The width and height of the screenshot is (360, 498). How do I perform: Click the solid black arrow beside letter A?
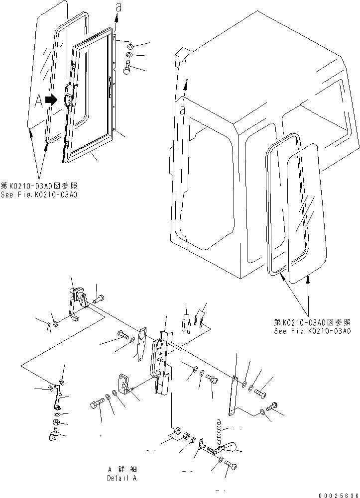click(50, 100)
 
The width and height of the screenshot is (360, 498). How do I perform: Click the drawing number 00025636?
click(334, 492)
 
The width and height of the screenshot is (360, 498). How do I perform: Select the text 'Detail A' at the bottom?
click(121, 478)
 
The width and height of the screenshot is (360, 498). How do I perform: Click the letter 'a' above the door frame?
click(118, 6)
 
